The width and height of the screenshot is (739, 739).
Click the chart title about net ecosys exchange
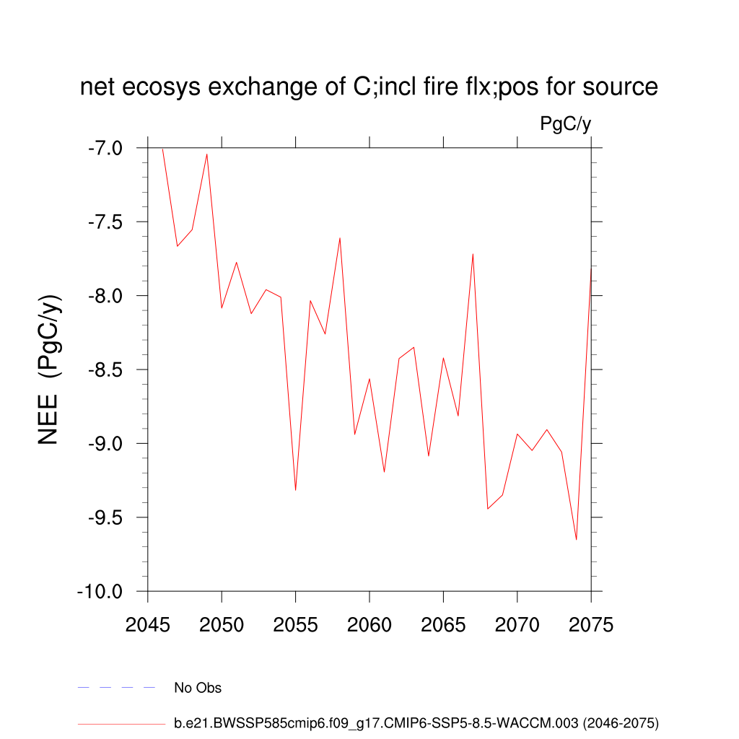(369, 87)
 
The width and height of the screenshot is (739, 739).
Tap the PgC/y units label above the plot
(565, 124)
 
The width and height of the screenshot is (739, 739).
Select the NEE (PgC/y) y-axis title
(49, 369)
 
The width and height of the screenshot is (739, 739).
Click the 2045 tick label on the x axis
(148, 625)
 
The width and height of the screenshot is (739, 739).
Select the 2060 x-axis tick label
(369, 625)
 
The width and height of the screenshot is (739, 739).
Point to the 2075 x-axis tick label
(591, 625)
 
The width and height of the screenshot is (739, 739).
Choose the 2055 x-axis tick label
(296, 625)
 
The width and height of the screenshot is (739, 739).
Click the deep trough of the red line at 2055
(296, 490)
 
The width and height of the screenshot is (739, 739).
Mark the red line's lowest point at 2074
(576, 539)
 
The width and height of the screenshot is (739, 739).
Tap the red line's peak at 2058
(340, 238)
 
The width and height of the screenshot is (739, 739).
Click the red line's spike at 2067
(473, 254)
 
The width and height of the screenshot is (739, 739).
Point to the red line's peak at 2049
(207, 154)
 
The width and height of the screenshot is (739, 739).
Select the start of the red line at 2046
(163, 149)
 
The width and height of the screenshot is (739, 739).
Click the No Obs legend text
(198, 688)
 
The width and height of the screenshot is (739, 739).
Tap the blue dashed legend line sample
(117, 688)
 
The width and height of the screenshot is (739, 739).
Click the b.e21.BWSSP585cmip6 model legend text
(416, 722)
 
